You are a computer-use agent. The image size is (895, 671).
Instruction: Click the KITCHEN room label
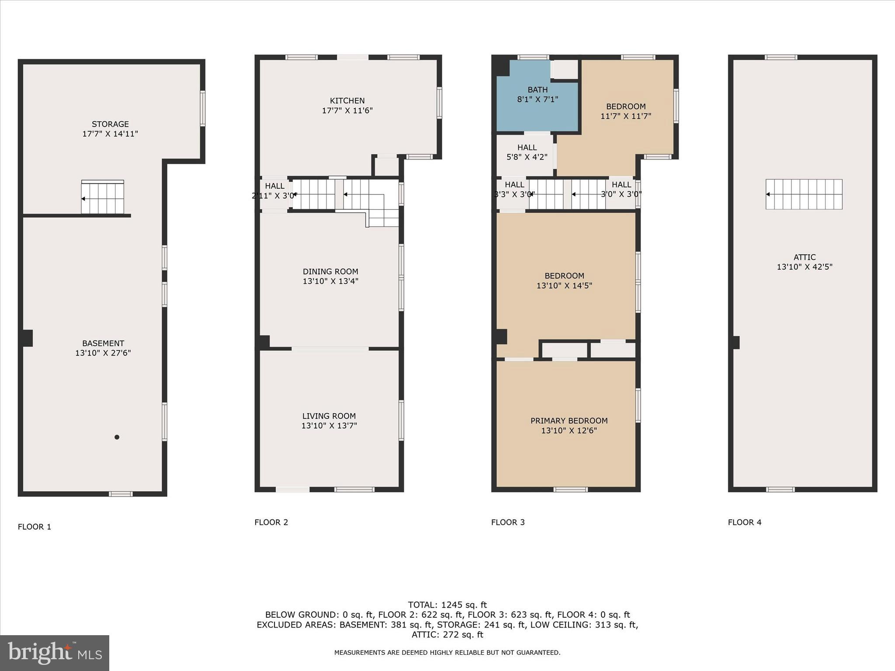(x=347, y=100)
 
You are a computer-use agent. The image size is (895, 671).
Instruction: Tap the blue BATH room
(x=537, y=105)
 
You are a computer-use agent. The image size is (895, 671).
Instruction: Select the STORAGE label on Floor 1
(x=110, y=124)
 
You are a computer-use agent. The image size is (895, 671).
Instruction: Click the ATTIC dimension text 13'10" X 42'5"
(x=804, y=267)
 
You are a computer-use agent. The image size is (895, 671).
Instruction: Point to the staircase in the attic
(x=804, y=194)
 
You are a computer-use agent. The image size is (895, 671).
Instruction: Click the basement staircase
(x=103, y=198)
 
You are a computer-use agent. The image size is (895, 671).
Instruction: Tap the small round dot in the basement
(x=117, y=437)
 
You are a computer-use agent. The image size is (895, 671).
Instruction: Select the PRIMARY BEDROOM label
(x=569, y=421)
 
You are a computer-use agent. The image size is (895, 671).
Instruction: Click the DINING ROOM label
(x=330, y=271)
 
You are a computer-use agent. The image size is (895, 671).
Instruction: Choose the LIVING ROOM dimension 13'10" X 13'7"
(x=329, y=425)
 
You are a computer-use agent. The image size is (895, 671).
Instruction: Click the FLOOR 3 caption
(x=508, y=522)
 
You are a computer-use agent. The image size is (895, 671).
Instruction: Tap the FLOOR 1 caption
(x=35, y=527)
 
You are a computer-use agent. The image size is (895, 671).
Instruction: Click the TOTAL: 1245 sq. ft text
(x=447, y=605)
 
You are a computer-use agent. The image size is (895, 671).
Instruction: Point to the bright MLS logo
(x=55, y=653)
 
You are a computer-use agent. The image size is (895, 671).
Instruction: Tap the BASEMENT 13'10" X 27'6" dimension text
(x=103, y=353)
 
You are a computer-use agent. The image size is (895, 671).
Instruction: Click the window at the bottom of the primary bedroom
(x=570, y=489)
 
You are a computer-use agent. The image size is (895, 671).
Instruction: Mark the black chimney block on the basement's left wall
(x=28, y=338)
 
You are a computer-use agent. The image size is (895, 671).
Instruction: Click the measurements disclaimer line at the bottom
(x=447, y=653)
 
